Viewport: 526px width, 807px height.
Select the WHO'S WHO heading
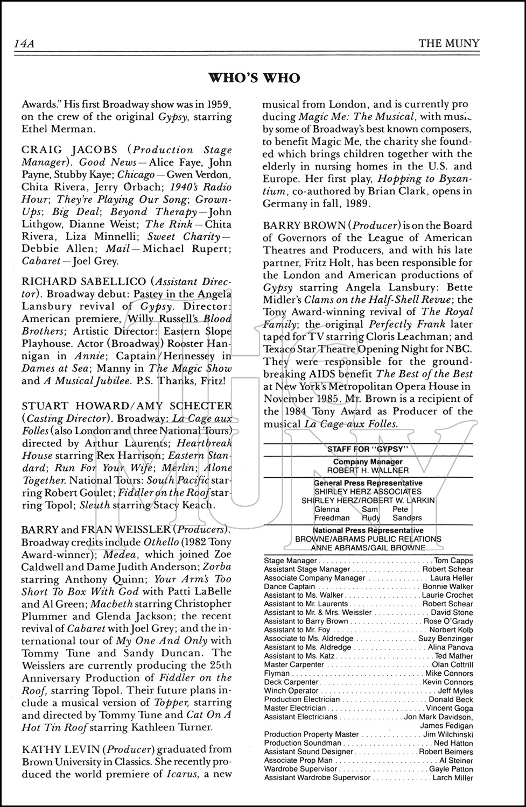click(x=254, y=78)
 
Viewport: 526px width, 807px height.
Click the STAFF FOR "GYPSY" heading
click(x=369, y=449)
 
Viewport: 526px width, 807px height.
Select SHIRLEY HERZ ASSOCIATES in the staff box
click(x=368, y=491)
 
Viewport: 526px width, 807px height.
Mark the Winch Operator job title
click(x=291, y=690)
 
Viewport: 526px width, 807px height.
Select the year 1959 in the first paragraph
click(x=215, y=104)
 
